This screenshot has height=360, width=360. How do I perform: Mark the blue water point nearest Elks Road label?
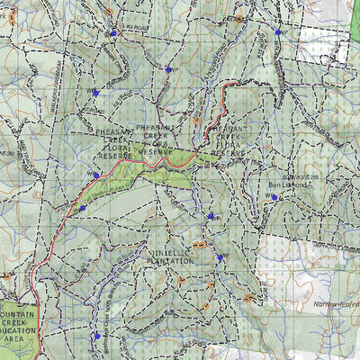pyautogui.click(x=114, y=33)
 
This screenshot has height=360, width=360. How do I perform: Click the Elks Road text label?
pyautogui.click(x=132, y=26)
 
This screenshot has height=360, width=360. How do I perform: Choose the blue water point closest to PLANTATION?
pyautogui.click(x=219, y=257)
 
